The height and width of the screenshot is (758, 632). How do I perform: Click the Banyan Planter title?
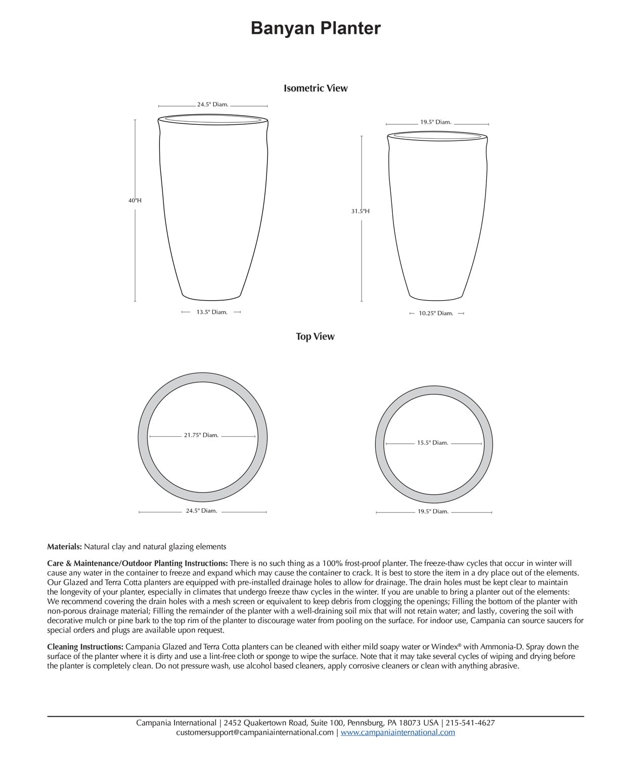[x=315, y=28]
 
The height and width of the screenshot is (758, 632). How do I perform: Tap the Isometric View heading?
[x=315, y=88]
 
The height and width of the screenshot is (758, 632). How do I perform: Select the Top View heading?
[x=315, y=337]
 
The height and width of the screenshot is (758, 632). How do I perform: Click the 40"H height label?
[x=135, y=201]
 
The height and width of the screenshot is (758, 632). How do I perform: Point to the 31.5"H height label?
[x=360, y=211]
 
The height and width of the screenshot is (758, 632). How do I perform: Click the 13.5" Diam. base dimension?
[x=212, y=312]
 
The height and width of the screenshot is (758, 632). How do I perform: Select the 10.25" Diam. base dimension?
[x=436, y=313]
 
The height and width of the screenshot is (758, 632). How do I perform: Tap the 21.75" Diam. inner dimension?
[x=201, y=435]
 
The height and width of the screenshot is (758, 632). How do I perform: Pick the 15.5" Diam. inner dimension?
[x=432, y=443]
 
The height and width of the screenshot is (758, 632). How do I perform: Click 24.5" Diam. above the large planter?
[x=213, y=105]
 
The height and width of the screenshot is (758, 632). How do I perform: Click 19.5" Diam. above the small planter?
[x=436, y=122]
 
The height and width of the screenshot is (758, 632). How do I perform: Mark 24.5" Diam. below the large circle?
[x=201, y=511]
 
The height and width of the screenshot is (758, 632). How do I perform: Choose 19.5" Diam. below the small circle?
[x=433, y=511]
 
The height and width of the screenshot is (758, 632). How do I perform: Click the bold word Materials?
[x=64, y=547]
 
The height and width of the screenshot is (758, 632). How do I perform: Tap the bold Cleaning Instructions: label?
[x=85, y=647]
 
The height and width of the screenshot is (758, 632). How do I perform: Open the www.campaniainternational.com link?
[x=398, y=732]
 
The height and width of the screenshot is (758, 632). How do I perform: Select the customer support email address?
[x=254, y=732]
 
